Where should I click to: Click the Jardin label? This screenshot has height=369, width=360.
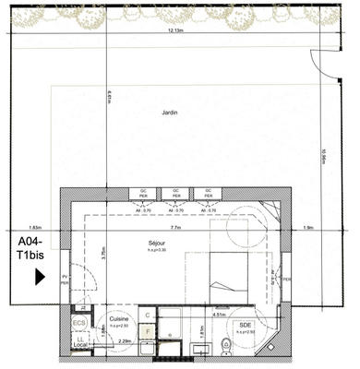(x=169, y=113)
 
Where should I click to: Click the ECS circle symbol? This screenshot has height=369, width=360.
(x=80, y=324)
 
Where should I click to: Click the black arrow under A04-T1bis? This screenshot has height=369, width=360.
(x=40, y=276)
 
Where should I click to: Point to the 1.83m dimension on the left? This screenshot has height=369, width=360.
(x=35, y=226)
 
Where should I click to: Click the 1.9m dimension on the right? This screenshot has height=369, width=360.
(x=308, y=226)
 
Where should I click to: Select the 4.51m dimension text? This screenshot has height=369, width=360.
(x=220, y=315)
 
